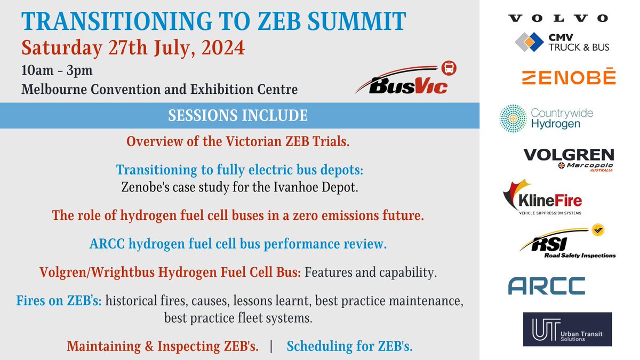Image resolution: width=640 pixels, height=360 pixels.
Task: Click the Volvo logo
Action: click(x=558, y=19)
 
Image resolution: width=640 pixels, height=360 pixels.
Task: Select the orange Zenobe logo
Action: click(x=568, y=77)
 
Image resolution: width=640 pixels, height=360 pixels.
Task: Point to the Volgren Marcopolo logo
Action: click(x=569, y=159)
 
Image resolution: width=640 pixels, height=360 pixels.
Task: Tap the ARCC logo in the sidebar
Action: click(x=546, y=285)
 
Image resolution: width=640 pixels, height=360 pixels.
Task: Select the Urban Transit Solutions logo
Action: click(x=567, y=330)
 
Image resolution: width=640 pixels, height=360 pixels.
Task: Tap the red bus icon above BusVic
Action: click(x=450, y=68)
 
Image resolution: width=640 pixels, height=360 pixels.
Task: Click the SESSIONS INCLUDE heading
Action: click(x=237, y=115)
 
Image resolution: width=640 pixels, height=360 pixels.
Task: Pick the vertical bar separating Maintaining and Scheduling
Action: click(x=273, y=346)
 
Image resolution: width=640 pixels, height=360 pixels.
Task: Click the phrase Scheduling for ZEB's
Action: click(x=349, y=346)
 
